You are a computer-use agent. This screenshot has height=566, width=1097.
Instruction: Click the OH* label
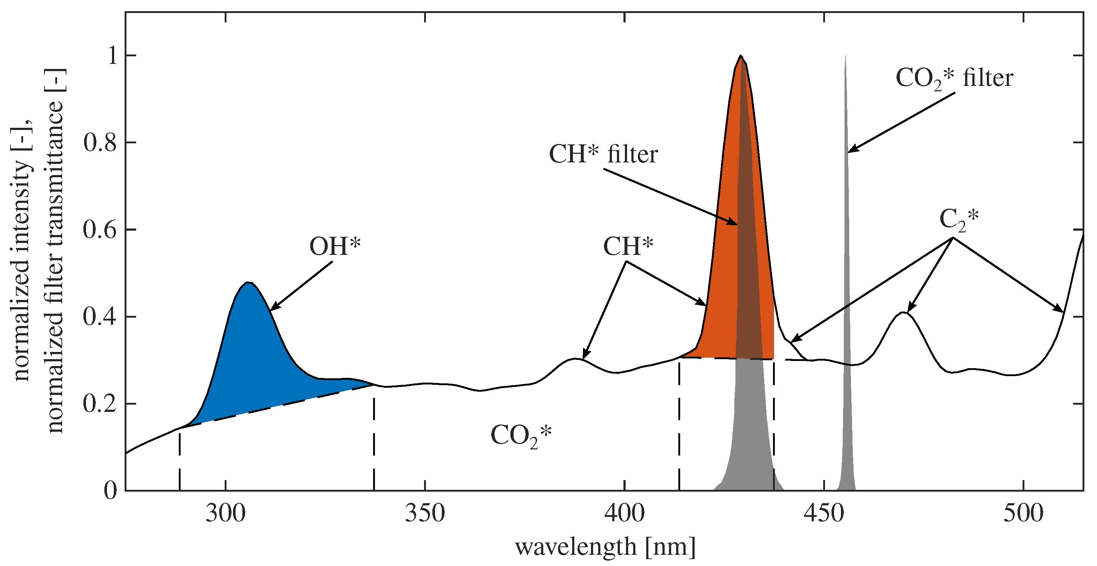(335, 247)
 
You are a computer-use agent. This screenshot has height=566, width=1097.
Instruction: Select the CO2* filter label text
(954, 78)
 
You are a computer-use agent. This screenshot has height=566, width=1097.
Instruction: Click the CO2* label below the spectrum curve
(521, 435)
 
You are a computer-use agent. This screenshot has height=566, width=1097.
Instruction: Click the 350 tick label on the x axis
(424, 513)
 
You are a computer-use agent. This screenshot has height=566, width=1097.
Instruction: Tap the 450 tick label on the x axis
(824, 513)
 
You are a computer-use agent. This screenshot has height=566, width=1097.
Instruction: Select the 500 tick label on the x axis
(1023, 513)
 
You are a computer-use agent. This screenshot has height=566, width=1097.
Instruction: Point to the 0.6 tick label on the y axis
(100, 230)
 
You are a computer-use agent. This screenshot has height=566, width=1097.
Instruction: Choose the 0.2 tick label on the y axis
(100, 404)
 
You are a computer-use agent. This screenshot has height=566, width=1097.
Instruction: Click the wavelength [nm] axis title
(605, 547)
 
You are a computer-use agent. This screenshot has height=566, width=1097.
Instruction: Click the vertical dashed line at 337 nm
(374, 443)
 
